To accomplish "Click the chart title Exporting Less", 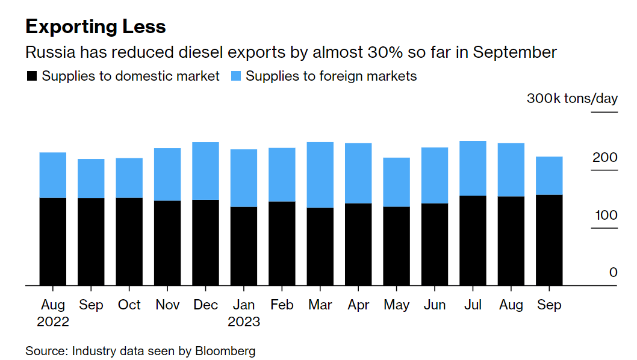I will [x=95, y=26].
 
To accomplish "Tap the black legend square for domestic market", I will [x=31, y=76].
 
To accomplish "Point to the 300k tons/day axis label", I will [x=572, y=98].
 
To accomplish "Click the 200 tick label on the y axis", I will [x=605, y=157].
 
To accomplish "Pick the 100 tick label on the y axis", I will [x=605, y=215].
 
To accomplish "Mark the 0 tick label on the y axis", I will [x=613, y=272].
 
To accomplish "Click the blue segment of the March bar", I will [x=320, y=175].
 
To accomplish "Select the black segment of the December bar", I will [x=205, y=242].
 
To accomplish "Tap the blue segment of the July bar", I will [x=473, y=168].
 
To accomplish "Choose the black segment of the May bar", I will [x=396, y=246].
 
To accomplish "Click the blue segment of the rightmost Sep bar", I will [x=549, y=175].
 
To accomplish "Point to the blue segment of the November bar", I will [x=167, y=174].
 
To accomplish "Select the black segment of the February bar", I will [x=282, y=243].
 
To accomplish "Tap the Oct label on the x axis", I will [x=129, y=305].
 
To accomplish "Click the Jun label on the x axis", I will [x=435, y=305].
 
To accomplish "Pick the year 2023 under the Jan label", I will [x=244, y=321].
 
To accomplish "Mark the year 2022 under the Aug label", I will [x=53, y=321].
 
